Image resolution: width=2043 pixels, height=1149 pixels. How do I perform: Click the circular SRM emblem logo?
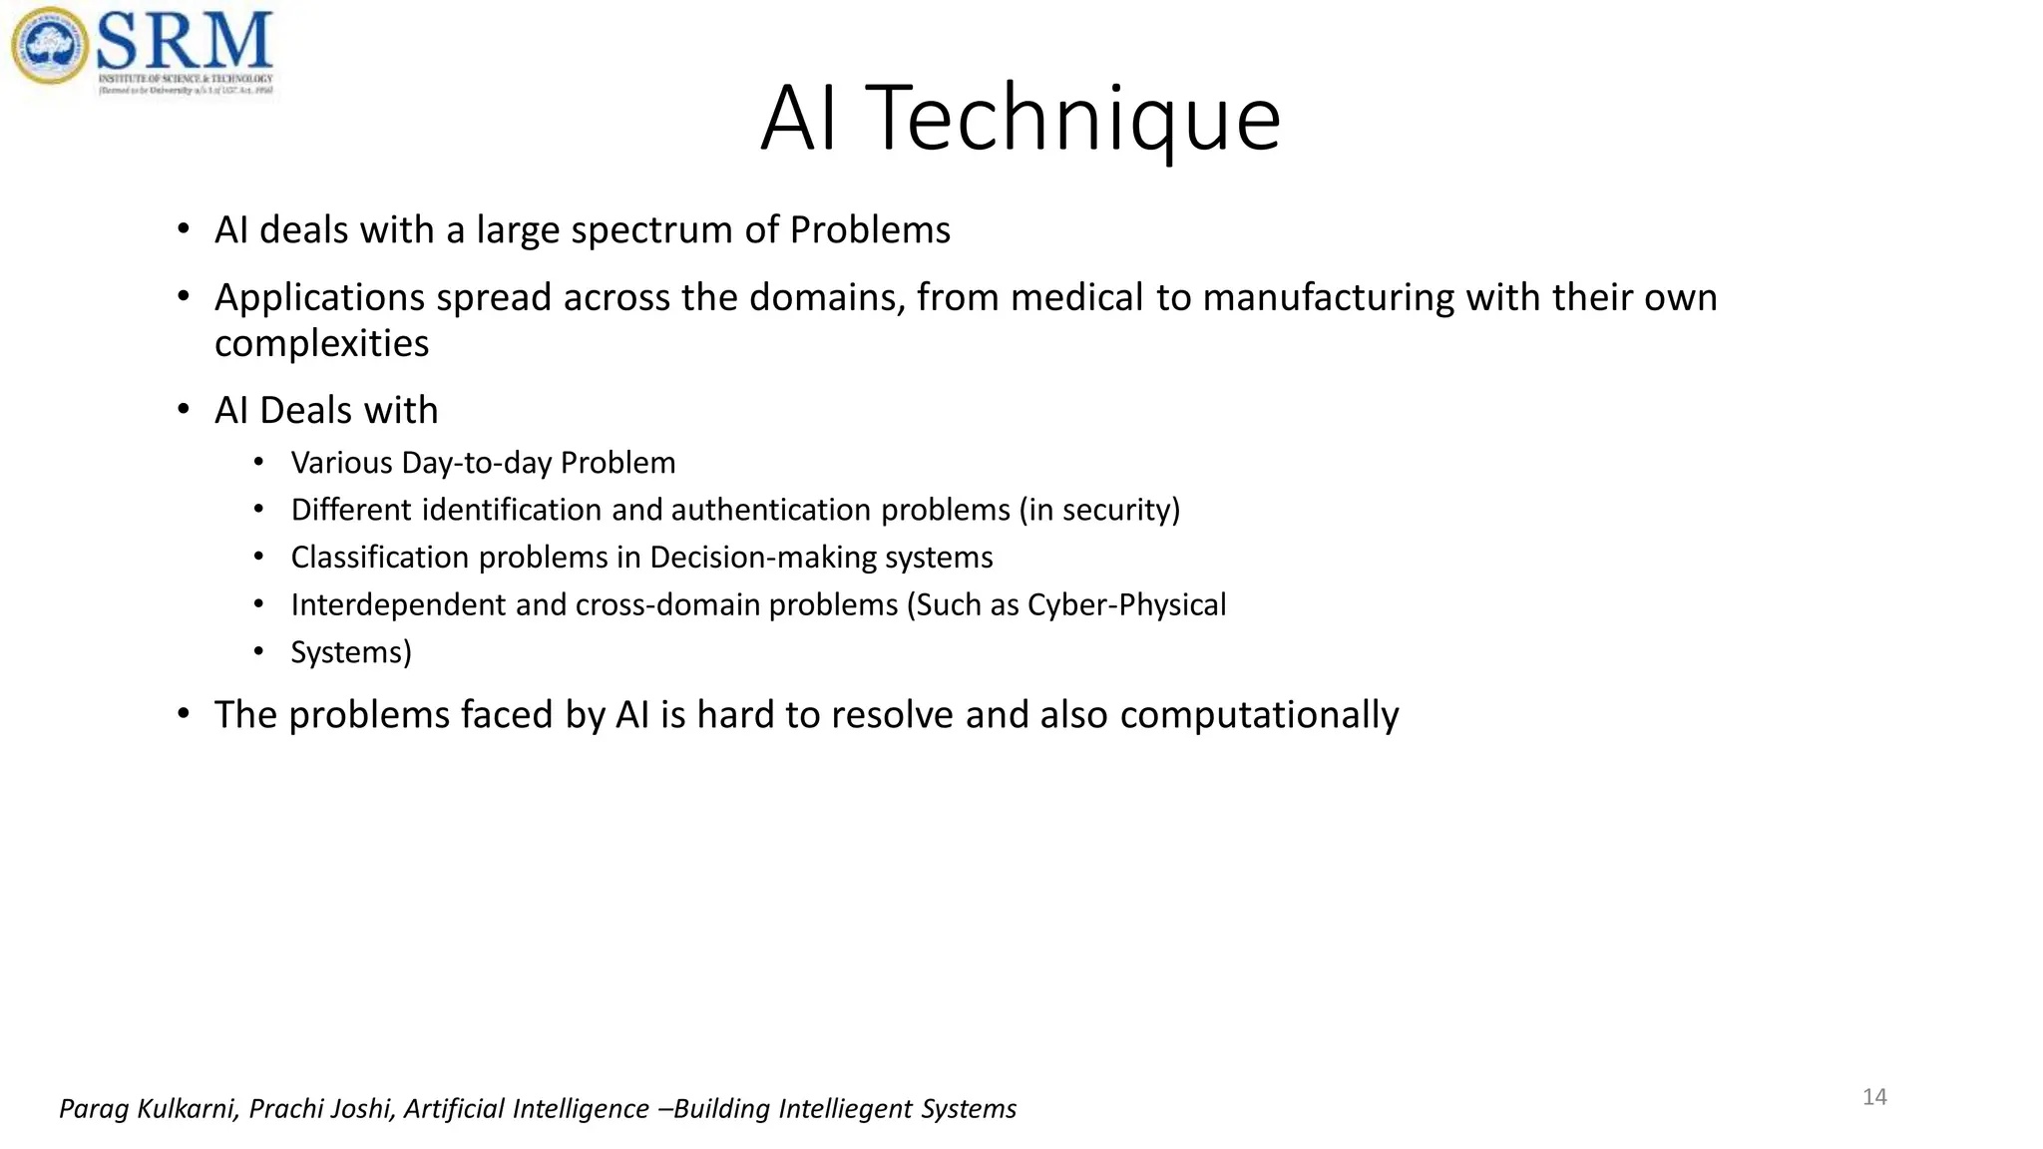[50, 46]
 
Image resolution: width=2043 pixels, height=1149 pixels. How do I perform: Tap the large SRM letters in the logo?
[185, 40]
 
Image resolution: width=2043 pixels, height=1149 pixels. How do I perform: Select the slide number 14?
[1874, 1097]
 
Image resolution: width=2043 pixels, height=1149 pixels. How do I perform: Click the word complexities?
[321, 344]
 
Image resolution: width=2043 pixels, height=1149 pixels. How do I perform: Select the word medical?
[1076, 298]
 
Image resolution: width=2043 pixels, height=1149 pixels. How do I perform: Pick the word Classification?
[379, 558]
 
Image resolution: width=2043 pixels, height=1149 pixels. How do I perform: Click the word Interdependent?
[398, 605]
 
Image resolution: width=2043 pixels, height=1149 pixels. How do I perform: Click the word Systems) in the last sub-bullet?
[351, 653]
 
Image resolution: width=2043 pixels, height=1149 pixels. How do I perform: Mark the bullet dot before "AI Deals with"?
[183, 410]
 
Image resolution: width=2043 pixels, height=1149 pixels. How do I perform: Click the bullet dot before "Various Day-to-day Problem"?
[258, 463]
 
